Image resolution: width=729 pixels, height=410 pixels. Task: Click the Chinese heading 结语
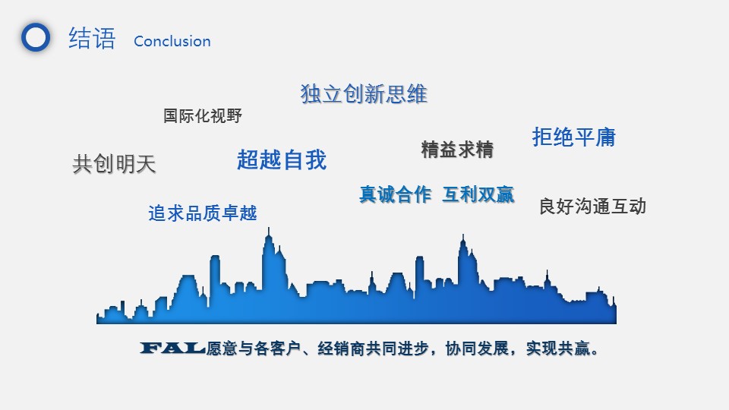point(92,38)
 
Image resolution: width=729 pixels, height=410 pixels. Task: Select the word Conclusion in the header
point(172,41)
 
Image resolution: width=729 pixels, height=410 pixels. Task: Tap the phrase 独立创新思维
point(364,94)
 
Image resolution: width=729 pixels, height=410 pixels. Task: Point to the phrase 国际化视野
point(203,115)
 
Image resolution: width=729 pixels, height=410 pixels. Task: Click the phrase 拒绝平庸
point(574,137)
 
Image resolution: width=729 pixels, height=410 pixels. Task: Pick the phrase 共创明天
point(114,164)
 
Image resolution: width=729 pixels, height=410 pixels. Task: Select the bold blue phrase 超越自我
point(282,160)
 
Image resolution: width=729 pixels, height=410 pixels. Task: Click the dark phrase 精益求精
point(457,150)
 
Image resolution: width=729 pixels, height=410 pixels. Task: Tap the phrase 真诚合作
point(395,194)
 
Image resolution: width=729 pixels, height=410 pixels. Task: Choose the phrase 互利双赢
point(478,194)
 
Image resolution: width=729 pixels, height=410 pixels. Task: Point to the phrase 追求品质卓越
point(203,213)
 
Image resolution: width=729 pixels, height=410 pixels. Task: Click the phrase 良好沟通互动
point(593,207)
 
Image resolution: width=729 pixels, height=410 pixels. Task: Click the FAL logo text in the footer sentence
point(172,348)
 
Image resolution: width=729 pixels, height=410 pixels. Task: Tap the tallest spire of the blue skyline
point(269,229)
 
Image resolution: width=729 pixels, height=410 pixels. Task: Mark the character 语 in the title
point(104,38)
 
